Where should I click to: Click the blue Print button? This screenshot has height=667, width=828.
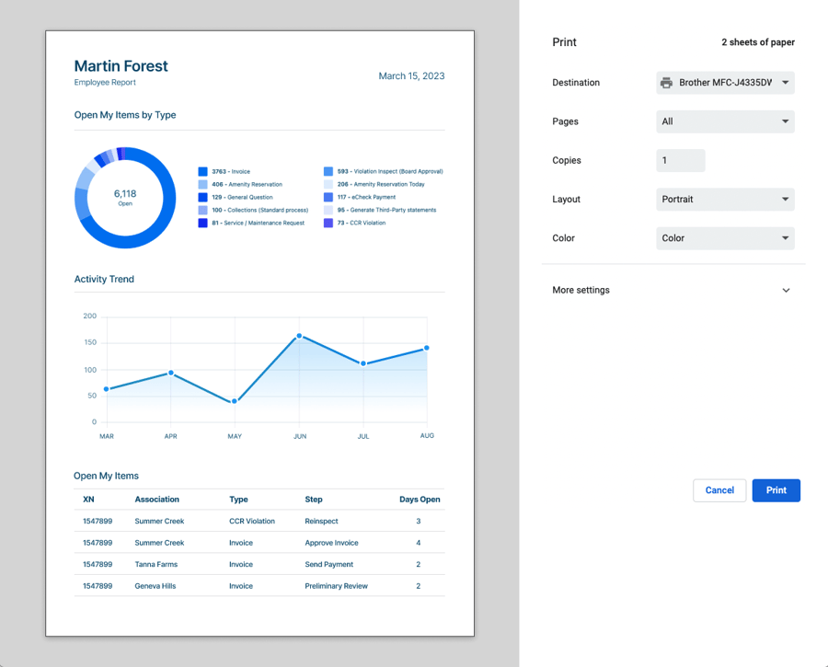coord(776,490)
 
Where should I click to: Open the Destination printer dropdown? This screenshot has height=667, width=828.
coord(725,83)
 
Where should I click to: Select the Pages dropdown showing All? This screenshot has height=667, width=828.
coord(725,121)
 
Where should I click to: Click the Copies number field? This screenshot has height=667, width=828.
coord(680,160)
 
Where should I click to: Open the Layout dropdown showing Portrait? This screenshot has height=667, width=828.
coord(725,200)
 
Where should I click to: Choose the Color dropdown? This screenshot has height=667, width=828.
coord(725,238)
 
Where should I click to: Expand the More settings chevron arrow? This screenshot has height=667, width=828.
coord(786,291)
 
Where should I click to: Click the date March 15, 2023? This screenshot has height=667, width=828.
coord(411,76)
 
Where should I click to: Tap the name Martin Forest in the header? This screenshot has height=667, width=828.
coord(121,66)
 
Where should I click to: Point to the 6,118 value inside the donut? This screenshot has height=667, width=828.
coord(125,193)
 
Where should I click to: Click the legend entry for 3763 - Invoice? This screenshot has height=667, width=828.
coord(230,172)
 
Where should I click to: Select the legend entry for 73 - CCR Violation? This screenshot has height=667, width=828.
coord(361,224)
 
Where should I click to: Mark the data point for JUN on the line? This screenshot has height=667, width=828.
coord(299,337)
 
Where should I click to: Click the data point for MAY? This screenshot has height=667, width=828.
coord(235,401)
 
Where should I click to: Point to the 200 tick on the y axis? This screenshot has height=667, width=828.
coord(89,316)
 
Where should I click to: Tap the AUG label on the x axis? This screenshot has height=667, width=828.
coord(427,436)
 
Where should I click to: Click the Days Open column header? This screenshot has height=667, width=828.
coord(420,500)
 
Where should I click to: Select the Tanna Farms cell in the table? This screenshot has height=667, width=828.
coord(156,565)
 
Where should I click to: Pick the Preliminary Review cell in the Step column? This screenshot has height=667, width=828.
coord(336,586)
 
